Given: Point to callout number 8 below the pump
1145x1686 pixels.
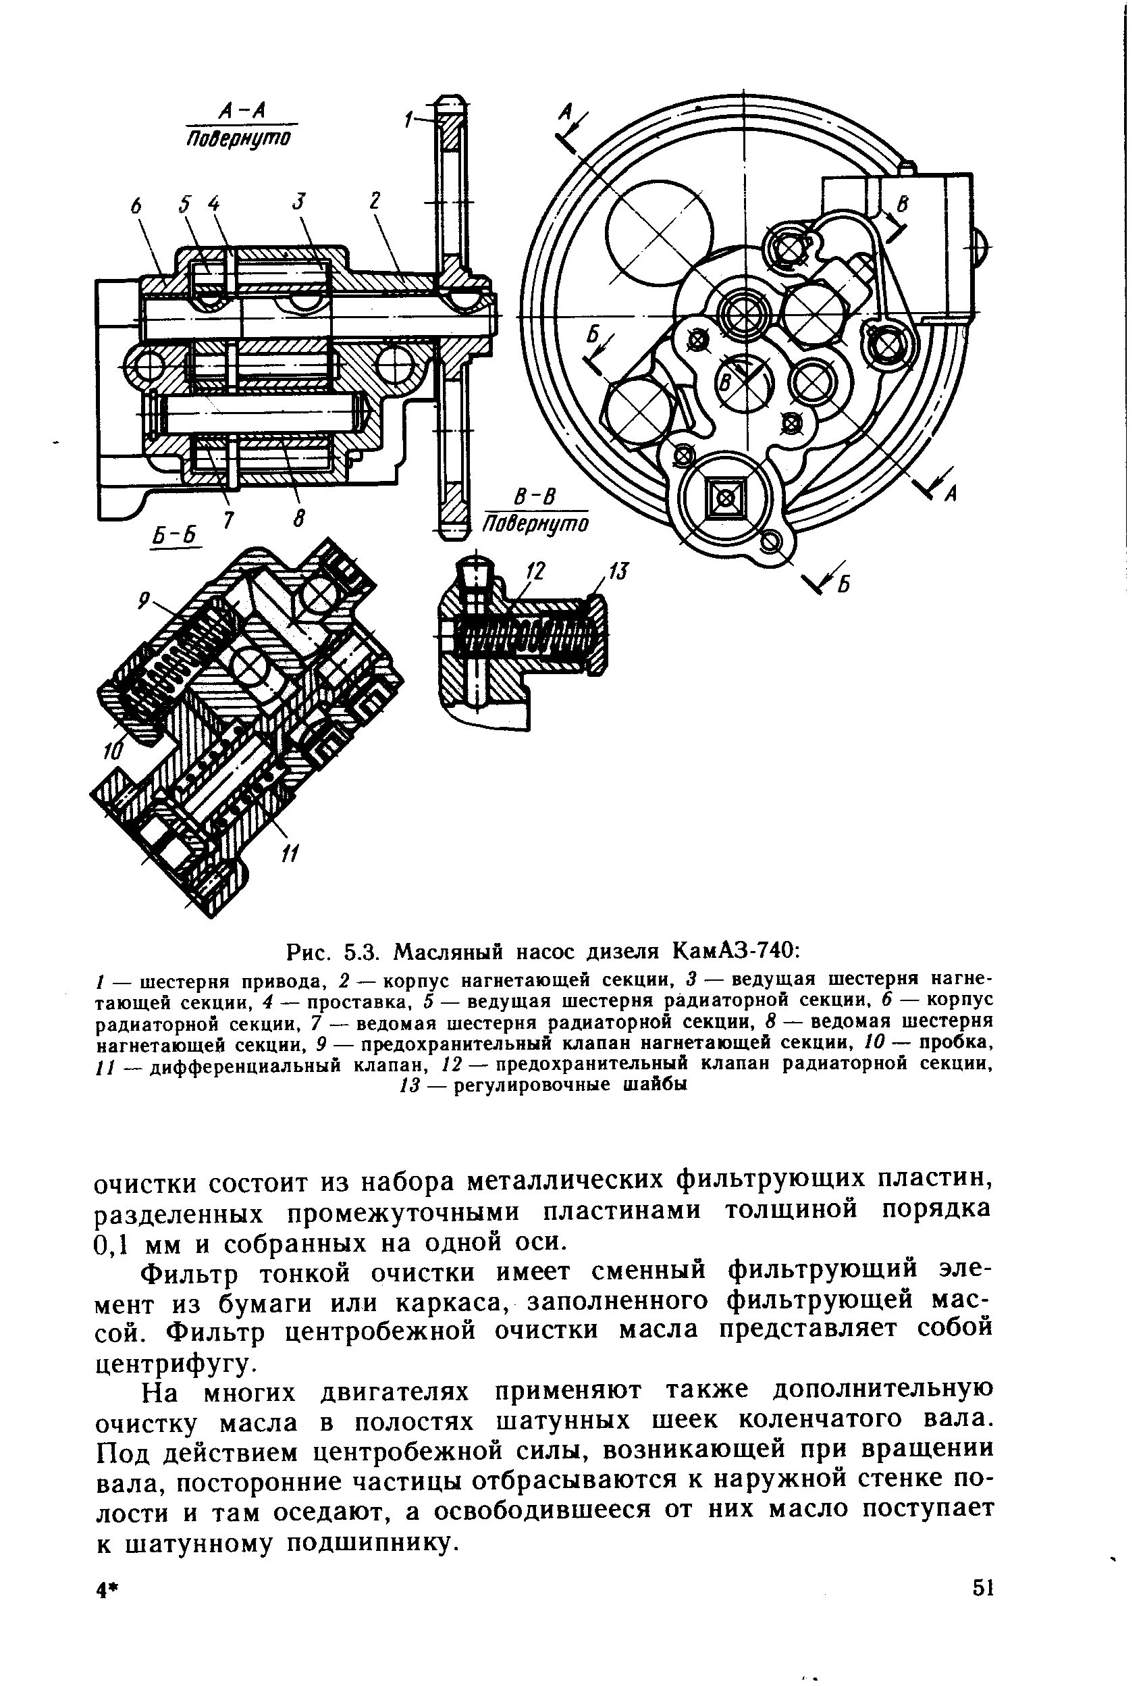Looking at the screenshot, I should point(298,519).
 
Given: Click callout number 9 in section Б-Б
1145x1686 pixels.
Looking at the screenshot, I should point(144,600).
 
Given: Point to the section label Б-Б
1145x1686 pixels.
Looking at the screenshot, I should point(175,534).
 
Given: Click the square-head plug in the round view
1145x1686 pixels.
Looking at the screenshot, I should point(723,497).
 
